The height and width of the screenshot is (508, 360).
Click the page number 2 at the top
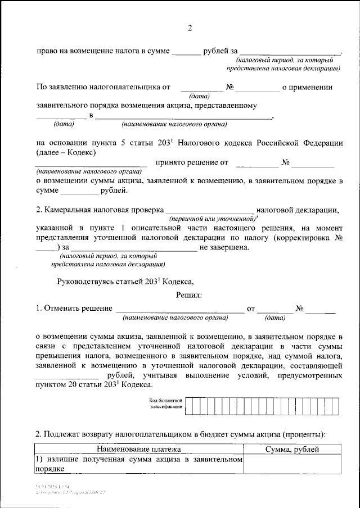tap(190, 28)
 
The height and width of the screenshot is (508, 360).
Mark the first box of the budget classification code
tap(190, 403)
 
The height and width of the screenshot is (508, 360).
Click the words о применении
tap(307, 87)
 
